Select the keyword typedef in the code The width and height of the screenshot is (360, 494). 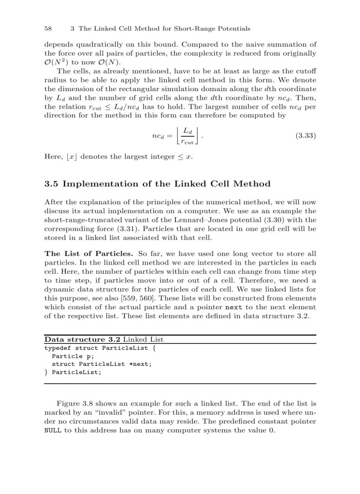58,348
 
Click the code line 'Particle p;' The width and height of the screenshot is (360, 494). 69,356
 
